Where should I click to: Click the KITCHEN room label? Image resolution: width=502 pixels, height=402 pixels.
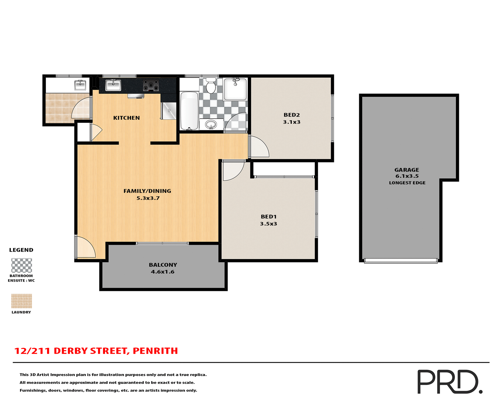pos(126,118)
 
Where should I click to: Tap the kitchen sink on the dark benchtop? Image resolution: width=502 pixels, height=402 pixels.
pos(113,85)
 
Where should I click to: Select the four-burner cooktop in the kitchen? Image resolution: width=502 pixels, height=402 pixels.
pos(151,85)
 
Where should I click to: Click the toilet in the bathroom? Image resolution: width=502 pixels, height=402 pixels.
pos(211,86)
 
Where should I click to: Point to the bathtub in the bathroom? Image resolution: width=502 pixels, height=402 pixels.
pos(189,110)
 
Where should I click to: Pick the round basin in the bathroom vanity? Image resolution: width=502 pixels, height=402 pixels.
pos(211,124)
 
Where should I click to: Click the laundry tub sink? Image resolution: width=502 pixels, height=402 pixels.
pos(80,85)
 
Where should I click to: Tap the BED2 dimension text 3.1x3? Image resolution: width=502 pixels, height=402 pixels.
pos(292,122)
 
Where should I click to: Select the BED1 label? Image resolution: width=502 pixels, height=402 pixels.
pos(269,217)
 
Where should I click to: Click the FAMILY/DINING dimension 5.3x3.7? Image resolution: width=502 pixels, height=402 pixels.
pos(148,198)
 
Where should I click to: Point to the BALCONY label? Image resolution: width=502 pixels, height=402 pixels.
pos(163,265)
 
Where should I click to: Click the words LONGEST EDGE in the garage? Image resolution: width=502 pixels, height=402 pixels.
pos(407,183)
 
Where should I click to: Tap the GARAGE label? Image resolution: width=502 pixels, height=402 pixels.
pos(407,170)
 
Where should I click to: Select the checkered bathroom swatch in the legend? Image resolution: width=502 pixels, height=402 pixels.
pos(21,265)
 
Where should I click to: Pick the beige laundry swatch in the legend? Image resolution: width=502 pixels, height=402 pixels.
pos(21,301)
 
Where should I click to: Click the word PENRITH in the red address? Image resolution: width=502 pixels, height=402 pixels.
pos(155,351)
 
